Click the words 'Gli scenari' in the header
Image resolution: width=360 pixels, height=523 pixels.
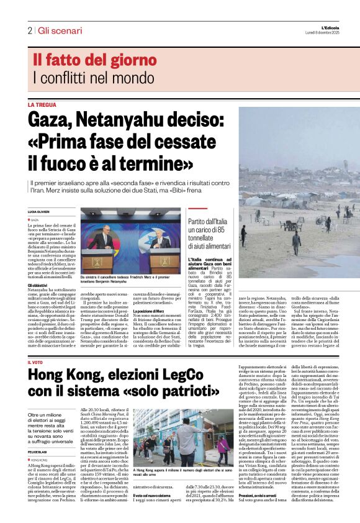pyautogui.click(x=60, y=30)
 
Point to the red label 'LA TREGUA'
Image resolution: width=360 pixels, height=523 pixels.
pyautogui.click(x=41, y=105)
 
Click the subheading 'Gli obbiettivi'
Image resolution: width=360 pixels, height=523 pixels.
pyautogui.click(x=38, y=284)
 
